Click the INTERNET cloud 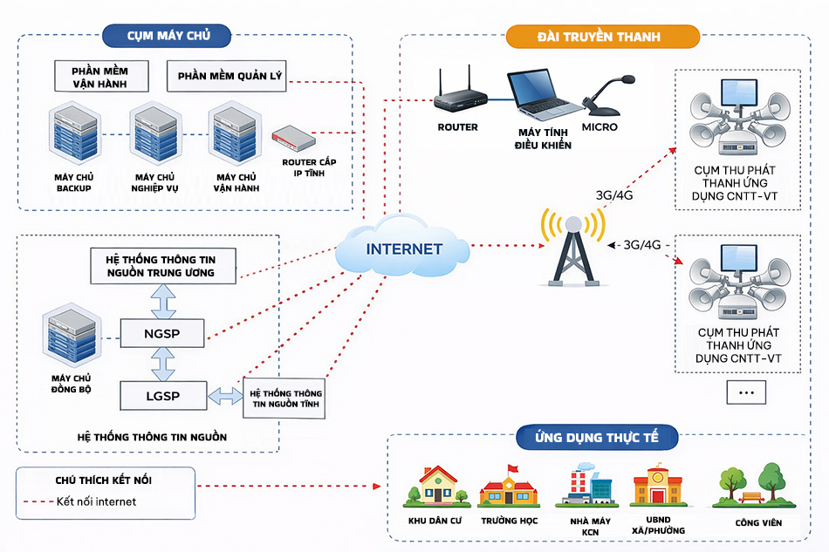403,249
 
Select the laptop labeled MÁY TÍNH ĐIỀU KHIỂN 544,97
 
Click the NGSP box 162,332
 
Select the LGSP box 162,395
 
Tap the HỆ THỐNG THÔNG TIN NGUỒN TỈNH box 286,399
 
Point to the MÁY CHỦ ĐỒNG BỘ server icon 72,341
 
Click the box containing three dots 745,392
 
